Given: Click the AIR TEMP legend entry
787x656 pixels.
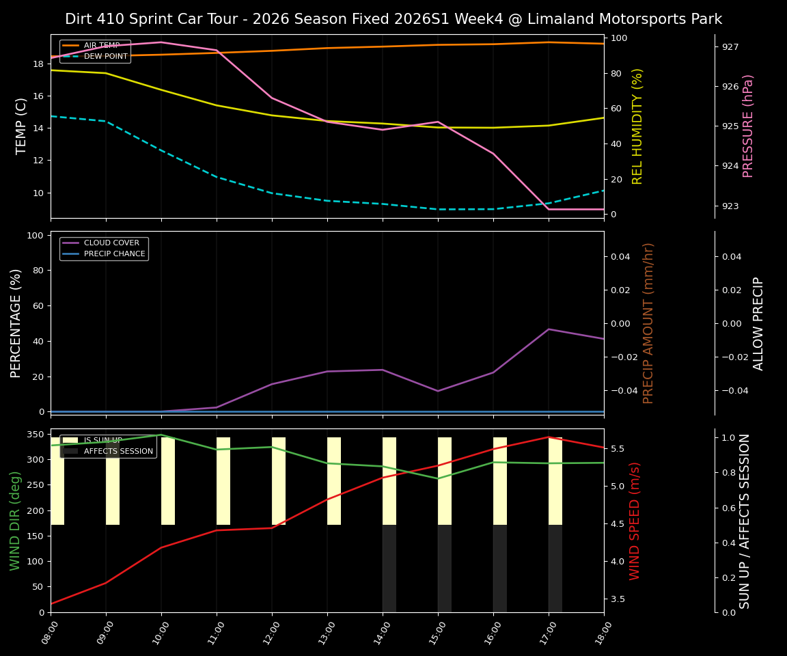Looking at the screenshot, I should coord(101,45).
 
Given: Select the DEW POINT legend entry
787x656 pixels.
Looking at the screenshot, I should coord(105,56).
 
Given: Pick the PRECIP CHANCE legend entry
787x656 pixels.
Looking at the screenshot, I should coord(114,254).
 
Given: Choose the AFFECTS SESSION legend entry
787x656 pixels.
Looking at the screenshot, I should coord(118,451).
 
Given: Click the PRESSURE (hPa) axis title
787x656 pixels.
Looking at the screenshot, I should coord(748,126).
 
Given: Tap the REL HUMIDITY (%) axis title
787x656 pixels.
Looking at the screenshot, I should coord(637,126).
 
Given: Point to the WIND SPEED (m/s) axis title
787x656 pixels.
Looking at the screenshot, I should coord(635,521).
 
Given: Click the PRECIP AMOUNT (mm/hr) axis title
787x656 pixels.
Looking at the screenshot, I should coord(648,323).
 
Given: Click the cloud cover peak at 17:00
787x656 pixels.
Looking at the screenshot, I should coord(549,329).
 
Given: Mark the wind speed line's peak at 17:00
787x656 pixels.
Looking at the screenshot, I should coord(549,437).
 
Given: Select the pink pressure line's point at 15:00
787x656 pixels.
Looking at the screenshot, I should coord(438,122).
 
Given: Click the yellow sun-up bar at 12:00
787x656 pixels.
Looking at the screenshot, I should coord(279,481).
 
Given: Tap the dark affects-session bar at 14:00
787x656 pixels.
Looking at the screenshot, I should coord(389,569).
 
